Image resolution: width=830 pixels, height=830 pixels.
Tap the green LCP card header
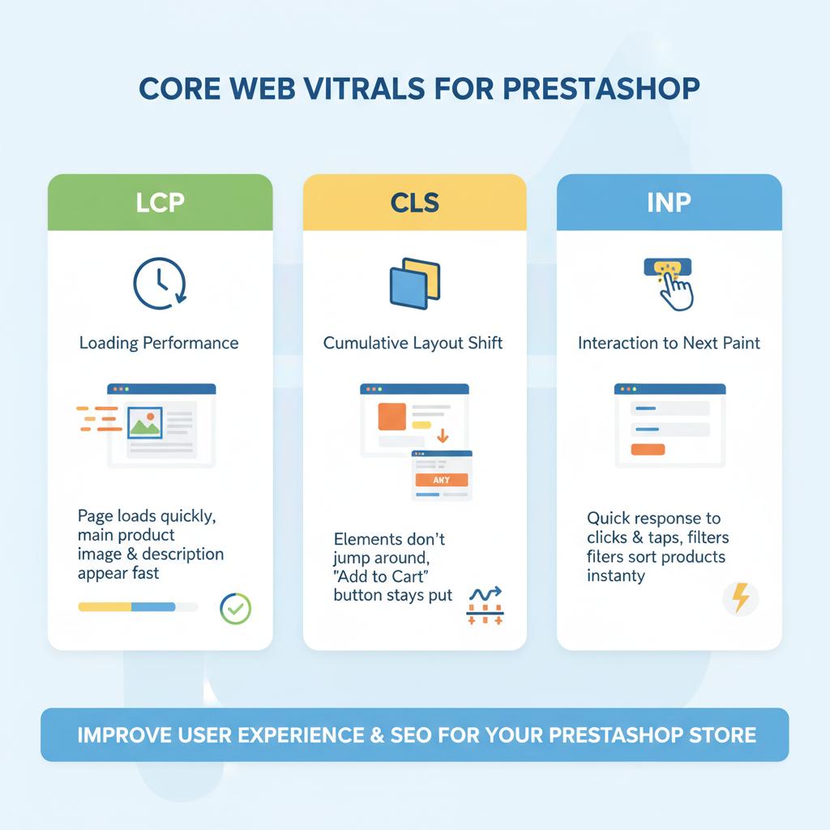(x=160, y=203)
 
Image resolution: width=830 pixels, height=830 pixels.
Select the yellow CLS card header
(x=414, y=203)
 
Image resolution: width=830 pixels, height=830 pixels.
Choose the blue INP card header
(x=669, y=203)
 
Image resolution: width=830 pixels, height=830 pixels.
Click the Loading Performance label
(x=159, y=343)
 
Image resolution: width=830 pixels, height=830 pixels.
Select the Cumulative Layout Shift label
(x=413, y=343)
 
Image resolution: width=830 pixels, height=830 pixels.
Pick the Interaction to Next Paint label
(x=669, y=343)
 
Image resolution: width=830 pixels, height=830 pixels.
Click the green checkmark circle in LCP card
(x=236, y=608)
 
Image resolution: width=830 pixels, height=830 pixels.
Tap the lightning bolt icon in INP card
(x=740, y=599)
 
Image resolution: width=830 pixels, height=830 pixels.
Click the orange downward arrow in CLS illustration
(x=443, y=436)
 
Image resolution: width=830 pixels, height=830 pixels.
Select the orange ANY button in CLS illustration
(x=441, y=480)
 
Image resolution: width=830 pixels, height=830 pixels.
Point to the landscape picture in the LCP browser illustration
(x=145, y=422)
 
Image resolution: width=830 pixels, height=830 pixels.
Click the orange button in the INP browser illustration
(x=648, y=449)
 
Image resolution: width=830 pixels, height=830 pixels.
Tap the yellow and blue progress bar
(x=127, y=606)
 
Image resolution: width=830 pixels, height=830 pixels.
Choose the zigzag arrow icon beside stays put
(x=485, y=595)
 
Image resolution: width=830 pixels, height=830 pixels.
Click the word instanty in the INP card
(x=616, y=576)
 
